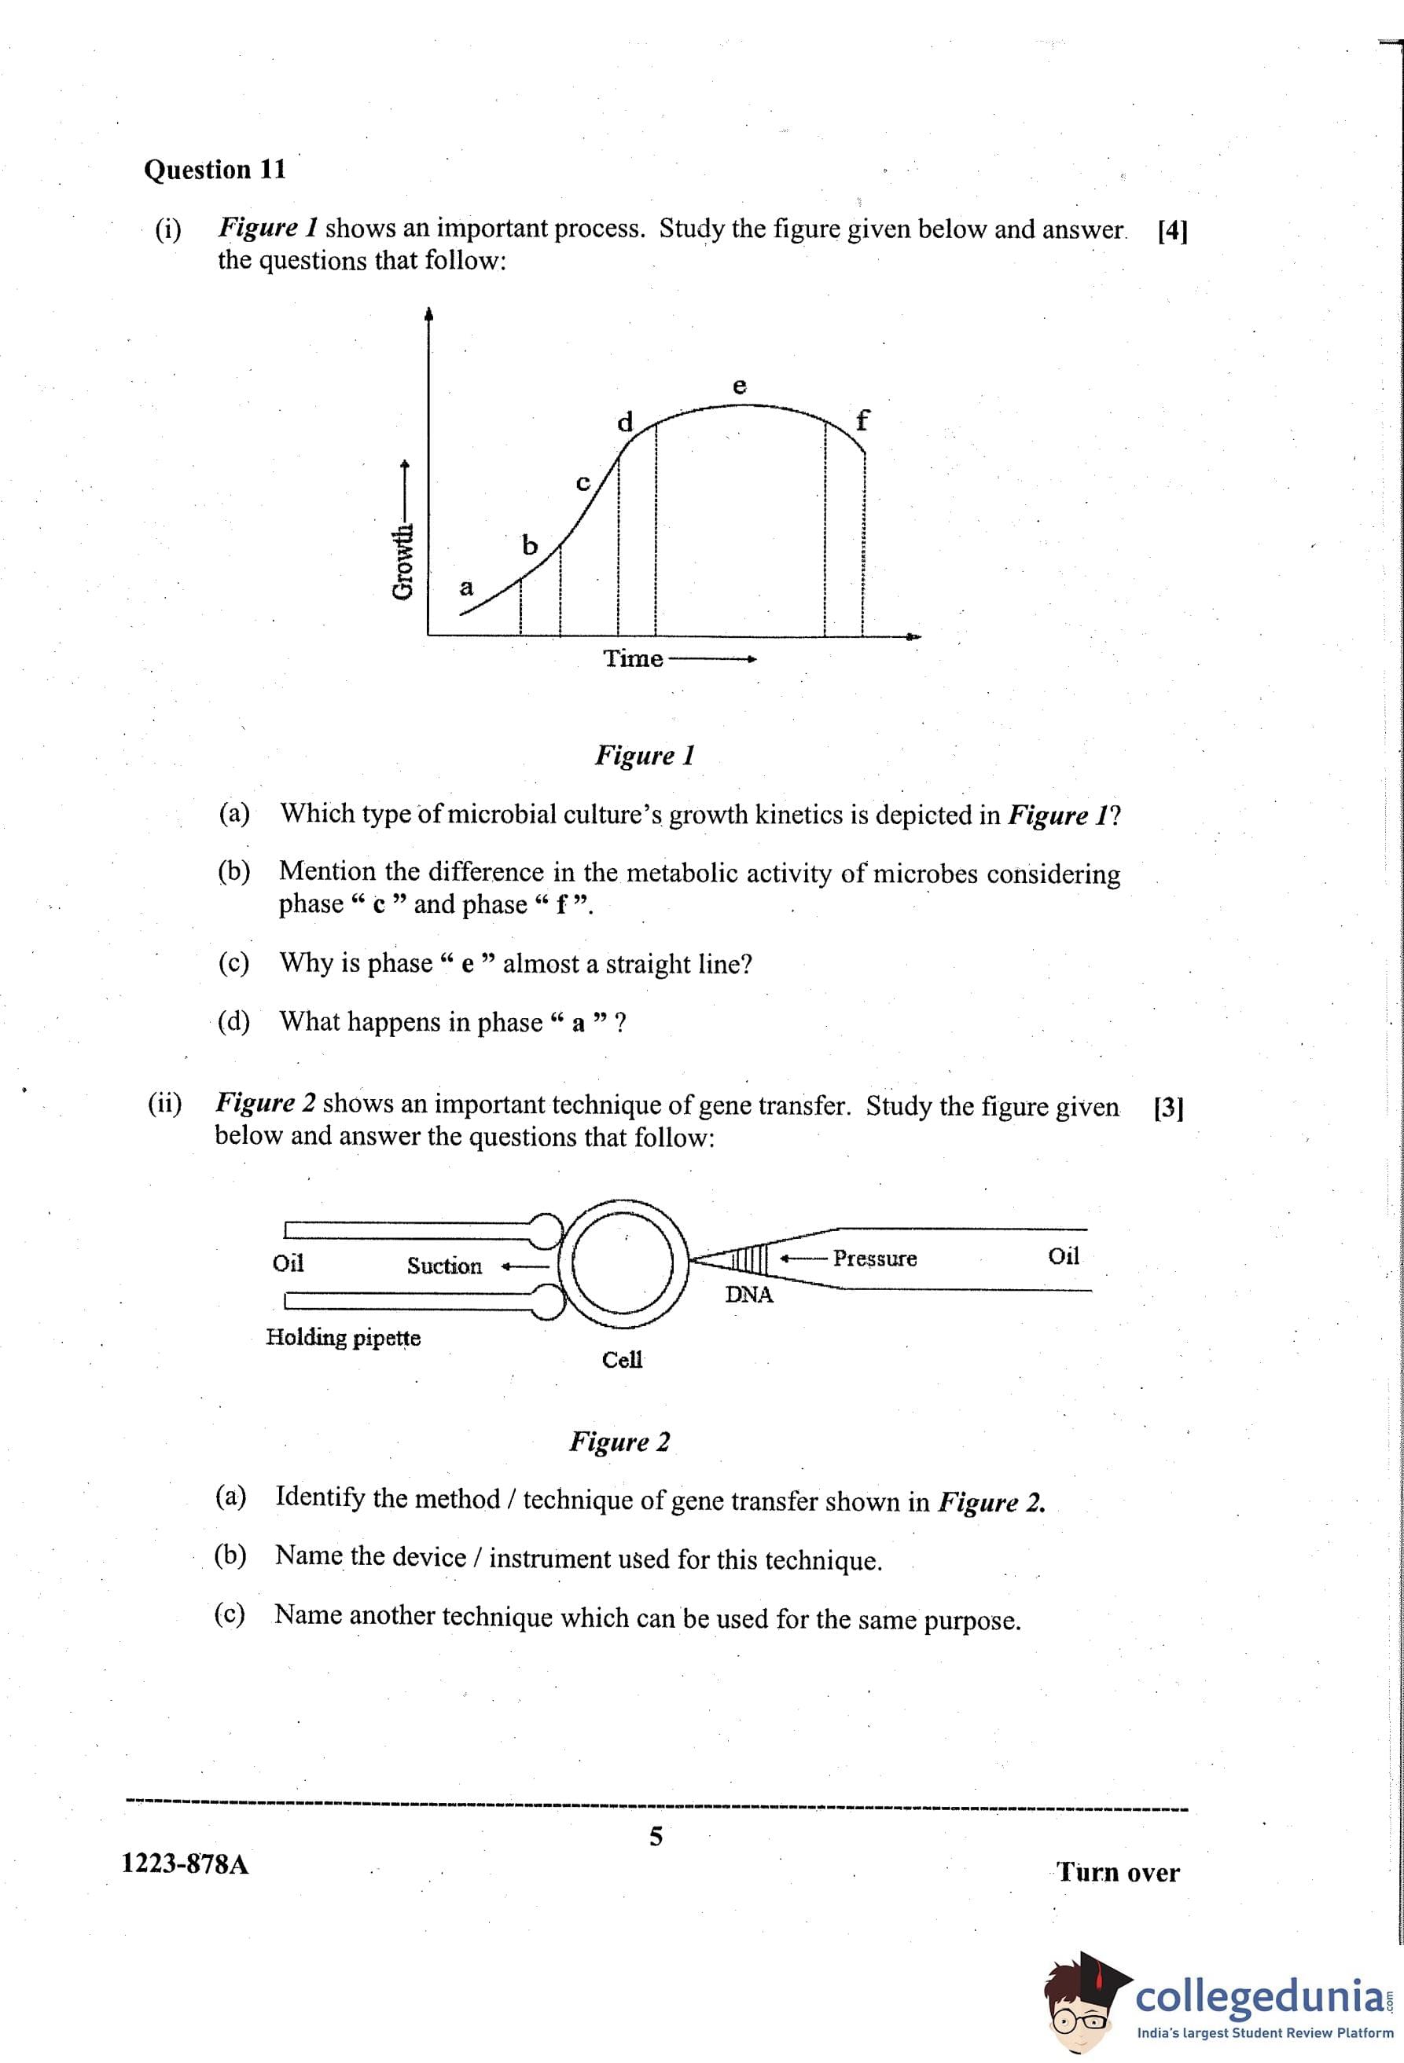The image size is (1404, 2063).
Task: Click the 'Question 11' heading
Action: coord(215,170)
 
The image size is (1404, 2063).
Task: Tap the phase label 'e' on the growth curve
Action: coord(739,387)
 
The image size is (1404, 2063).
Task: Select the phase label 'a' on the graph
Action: coord(466,588)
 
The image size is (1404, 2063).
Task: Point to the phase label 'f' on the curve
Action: coord(862,419)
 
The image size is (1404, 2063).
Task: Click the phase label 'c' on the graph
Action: coord(583,483)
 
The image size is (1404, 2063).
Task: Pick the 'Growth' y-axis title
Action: coord(404,561)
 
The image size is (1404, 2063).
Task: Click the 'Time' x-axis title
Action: coord(633,658)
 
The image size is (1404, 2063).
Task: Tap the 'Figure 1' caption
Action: coord(645,756)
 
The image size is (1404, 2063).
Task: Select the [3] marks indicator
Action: coord(1169,1108)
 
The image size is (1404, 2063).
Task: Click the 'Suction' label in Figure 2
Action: coord(444,1266)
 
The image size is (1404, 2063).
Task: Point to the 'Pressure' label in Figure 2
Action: coord(875,1258)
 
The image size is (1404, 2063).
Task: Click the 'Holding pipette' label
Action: coord(344,1337)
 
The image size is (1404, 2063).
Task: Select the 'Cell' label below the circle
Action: coord(622,1360)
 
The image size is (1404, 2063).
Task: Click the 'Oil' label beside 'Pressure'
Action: coord(1064,1256)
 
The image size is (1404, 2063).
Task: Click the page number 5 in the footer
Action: coord(656,1837)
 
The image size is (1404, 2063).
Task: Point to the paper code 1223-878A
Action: coord(185,1863)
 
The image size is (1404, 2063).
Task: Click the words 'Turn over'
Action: coord(1118,1873)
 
